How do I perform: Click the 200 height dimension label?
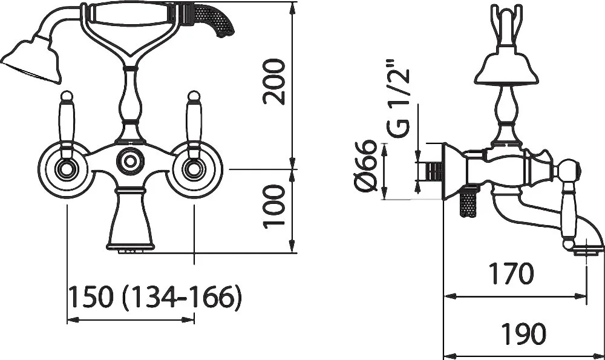click(x=274, y=82)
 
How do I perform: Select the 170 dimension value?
click(x=512, y=273)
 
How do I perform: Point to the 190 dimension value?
click(x=523, y=333)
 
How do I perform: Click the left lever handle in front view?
click(x=67, y=124)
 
